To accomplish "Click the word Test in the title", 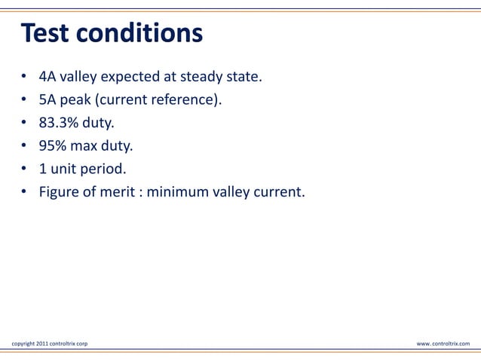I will (x=47, y=34).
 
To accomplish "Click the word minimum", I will (x=177, y=194).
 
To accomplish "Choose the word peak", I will (x=75, y=100).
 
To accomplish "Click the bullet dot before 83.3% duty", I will (x=24, y=124).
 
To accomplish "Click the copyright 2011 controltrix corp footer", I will (x=49, y=343).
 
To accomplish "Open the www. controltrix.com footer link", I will (x=443, y=343).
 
